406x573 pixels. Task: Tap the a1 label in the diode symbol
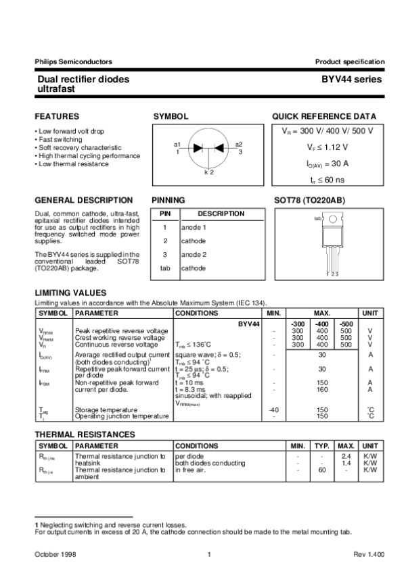pyautogui.click(x=177, y=145)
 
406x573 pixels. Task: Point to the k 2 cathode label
pyautogui.click(x=208, y=173)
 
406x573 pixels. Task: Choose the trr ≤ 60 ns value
pyautogui.click(x=327, y=180)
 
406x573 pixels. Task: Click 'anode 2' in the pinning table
pyautogui.click(x=194, y=254)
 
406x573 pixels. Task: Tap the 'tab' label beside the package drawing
pyautogui.click(x=317, y=219)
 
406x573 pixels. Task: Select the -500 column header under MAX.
pyautogui.click(x=345, y=324)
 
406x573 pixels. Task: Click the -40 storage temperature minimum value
pyautogui.click(x=273, y=409)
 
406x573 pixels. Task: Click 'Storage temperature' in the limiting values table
pyautogui.click(x=106, y=409)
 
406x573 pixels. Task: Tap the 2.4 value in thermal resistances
pyautogui.click(x=346, y=457)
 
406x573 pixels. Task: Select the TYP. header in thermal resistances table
pyautogui.click(x=322, y=447)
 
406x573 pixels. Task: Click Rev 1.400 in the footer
pyautogui.click(x=369, y=554)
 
